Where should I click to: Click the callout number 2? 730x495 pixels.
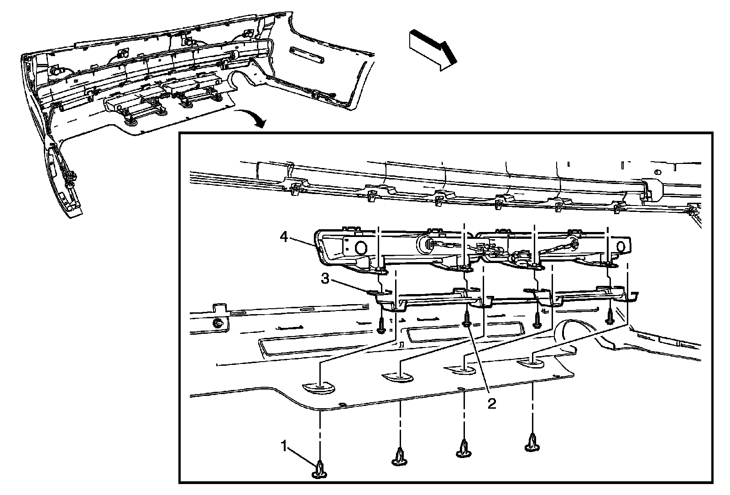tap(491, 404)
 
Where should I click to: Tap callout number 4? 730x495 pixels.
tap(284, 238)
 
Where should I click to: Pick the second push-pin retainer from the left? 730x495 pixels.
tap(399, 457)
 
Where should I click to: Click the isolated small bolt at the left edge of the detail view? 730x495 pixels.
tap(218, 322)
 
